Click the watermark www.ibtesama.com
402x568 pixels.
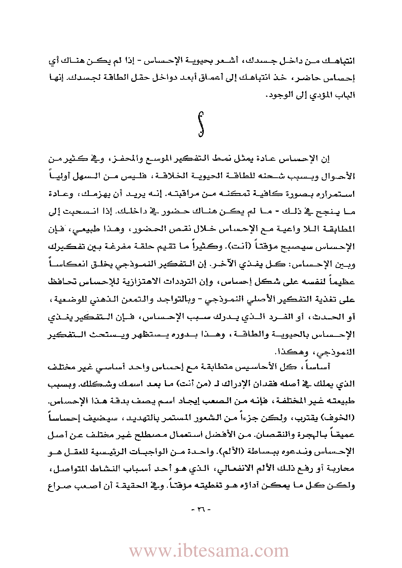point(209,551)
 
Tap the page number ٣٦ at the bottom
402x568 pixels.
point(201,509)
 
